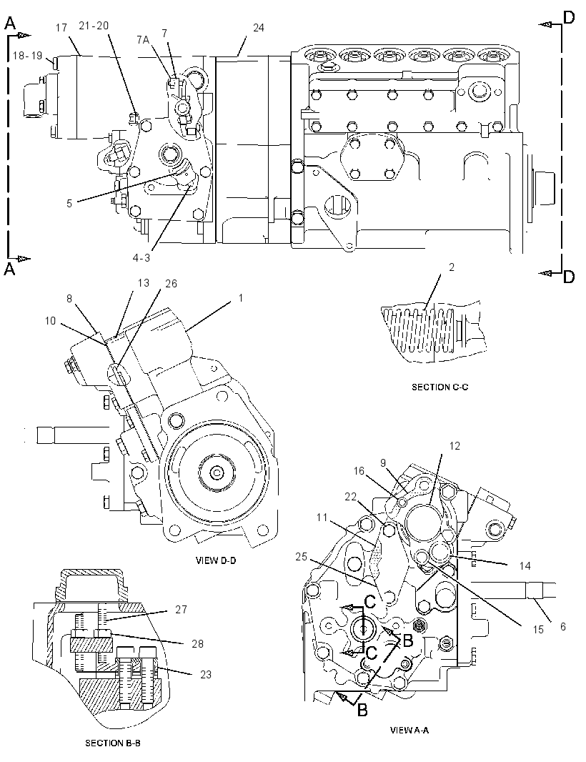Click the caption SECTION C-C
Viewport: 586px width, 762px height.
[x=439, y=387]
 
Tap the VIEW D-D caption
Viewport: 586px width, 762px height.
[x=215, y=560]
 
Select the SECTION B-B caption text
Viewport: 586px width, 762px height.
[x=113, y=743]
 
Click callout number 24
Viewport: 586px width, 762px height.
[x=259, y=28]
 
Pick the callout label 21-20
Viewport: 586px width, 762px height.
[x=94, y=25]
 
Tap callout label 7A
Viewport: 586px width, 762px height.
[x=142, y=39]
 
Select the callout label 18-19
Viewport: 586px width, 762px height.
[x=27, y=56]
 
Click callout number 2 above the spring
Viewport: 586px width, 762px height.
[x=452, y=267]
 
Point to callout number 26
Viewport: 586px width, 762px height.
[x=171, y=283]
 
